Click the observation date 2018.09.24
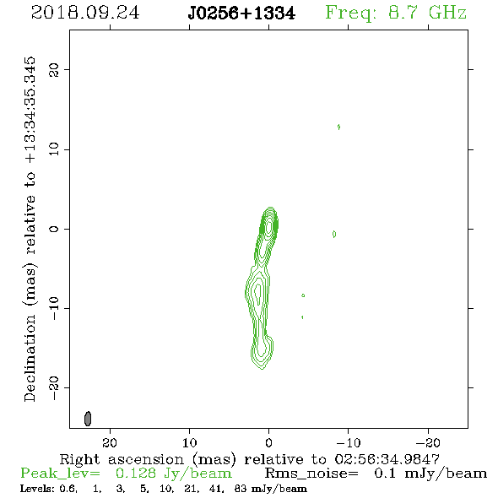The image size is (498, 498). (x=85, y=13)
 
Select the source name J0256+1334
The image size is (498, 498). (x=241, y=14)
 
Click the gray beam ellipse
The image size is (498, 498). (x=88, y=419)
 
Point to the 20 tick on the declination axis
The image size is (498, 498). (x=54, y=69)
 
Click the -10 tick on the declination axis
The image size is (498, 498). (x=54, y=308)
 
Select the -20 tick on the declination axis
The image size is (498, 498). (x=54, y=387)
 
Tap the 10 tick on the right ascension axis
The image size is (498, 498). (x=190, y=442)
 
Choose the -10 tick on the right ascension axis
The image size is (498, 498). (x=349, y=442)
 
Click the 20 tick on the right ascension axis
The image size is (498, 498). (x=110, y=442)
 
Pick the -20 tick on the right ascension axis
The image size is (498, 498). (x=428, y=442)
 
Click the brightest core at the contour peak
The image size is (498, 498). (x=269, y=226)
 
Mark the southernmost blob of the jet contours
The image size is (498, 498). (x=262, y=352)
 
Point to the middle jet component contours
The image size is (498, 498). (x=258, y=290)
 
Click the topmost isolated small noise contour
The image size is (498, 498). (x=338, y=127)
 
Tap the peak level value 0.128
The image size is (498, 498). (x=136, y=474)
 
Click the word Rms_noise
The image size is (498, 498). (x=311, y=474)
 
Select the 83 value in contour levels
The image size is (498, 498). (x=241, y=488)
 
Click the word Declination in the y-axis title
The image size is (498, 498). (x=30, y=357)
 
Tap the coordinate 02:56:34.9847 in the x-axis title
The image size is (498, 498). (x=387, y=459)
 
